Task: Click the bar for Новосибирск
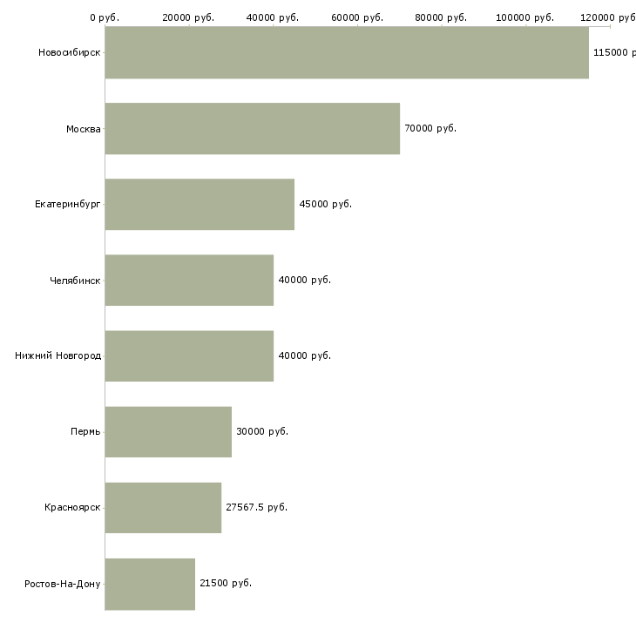pos(347,52)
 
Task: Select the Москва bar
pos(253,129)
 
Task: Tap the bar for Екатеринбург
pos(200,204)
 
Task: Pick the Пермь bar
pos(168,431)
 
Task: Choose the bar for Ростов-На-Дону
pos(150,584)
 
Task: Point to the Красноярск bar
pos(163,507)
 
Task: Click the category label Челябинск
pos(75,281)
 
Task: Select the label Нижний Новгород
pos(58,355)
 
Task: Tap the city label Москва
pos(84,129)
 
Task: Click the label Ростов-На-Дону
pos(63,584)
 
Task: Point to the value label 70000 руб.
pos(430,128)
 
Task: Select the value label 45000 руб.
pos(326,204)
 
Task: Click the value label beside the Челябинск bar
pos(305,280)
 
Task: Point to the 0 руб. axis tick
pos(105,17)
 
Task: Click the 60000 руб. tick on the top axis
pos(357,17)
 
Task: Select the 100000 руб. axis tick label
pos(525,17)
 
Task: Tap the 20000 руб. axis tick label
pos(188,17)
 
